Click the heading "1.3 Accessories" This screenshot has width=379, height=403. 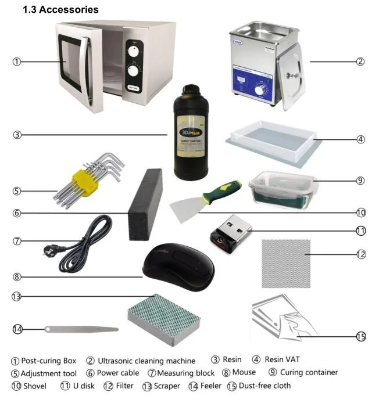point(60,9)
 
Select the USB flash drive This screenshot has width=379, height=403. point(229,231)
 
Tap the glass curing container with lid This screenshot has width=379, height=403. point(283,188)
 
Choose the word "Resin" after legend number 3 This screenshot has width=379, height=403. point(232,360)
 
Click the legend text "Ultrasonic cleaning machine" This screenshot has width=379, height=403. point(146,361)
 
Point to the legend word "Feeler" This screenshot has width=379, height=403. point(211,385)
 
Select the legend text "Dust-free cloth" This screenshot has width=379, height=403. point(264,385)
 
